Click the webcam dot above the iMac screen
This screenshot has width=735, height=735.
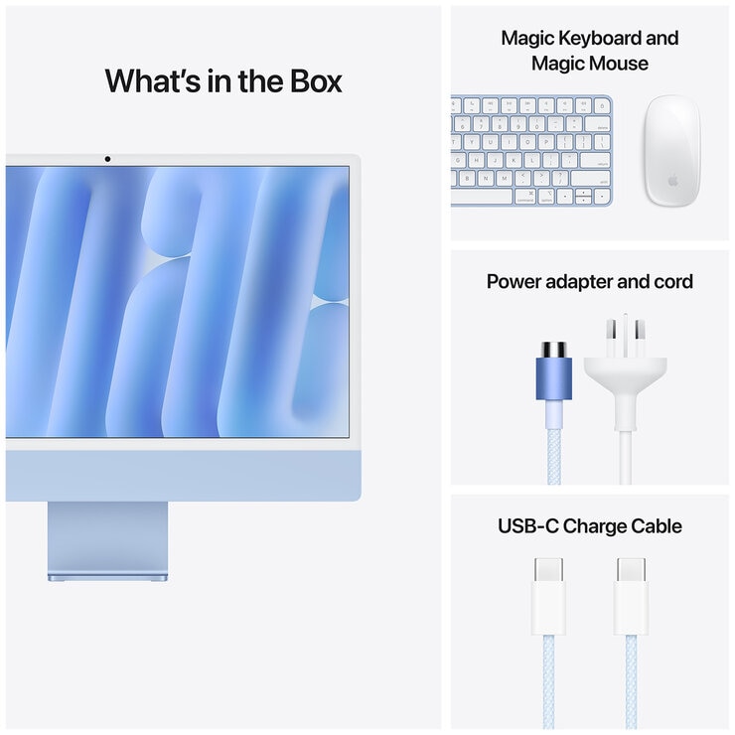point(107,159)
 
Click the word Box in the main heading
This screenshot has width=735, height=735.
point(308,80)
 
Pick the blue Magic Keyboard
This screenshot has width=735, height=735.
point(531,150)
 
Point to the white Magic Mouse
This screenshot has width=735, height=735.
point(671,150)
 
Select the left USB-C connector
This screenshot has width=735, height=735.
point(549,595)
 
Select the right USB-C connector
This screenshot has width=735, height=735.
point(631,595)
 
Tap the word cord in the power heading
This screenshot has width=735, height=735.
point(673,282)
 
